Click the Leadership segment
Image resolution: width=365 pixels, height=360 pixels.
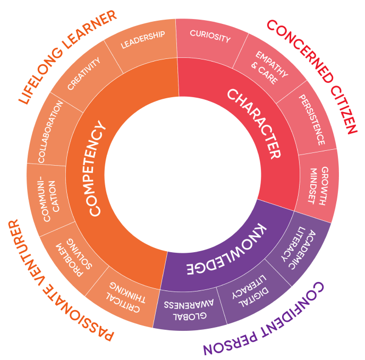click(143, 41)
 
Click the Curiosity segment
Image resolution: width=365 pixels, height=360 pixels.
click(210, 39)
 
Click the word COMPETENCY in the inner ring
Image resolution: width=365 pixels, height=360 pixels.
click(96, 168)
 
